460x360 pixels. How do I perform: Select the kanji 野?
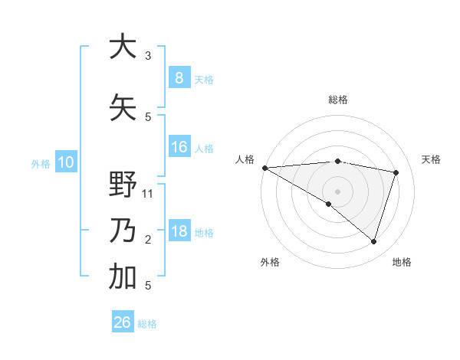[123, 185]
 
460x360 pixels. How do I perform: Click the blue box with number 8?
[179, 77]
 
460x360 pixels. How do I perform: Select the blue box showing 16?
[179, 147]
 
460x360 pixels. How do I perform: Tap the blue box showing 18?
[179, 231]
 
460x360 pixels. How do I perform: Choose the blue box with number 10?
[65, 162]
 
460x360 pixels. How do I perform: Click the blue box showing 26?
[122, 322]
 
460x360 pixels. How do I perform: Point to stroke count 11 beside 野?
[148, 193]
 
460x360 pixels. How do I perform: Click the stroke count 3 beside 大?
[148, 55]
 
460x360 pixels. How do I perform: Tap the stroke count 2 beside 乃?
[148, 240]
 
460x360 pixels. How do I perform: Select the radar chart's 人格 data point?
[264, 168]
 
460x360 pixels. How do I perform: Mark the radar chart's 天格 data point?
[396, 172]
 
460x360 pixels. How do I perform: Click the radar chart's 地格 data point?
[373, 241]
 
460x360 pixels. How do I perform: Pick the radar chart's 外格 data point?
[329, 204]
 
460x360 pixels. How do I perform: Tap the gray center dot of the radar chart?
[337, 190]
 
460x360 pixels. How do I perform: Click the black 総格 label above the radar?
[337, 100]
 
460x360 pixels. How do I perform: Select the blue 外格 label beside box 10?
[40, 163]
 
